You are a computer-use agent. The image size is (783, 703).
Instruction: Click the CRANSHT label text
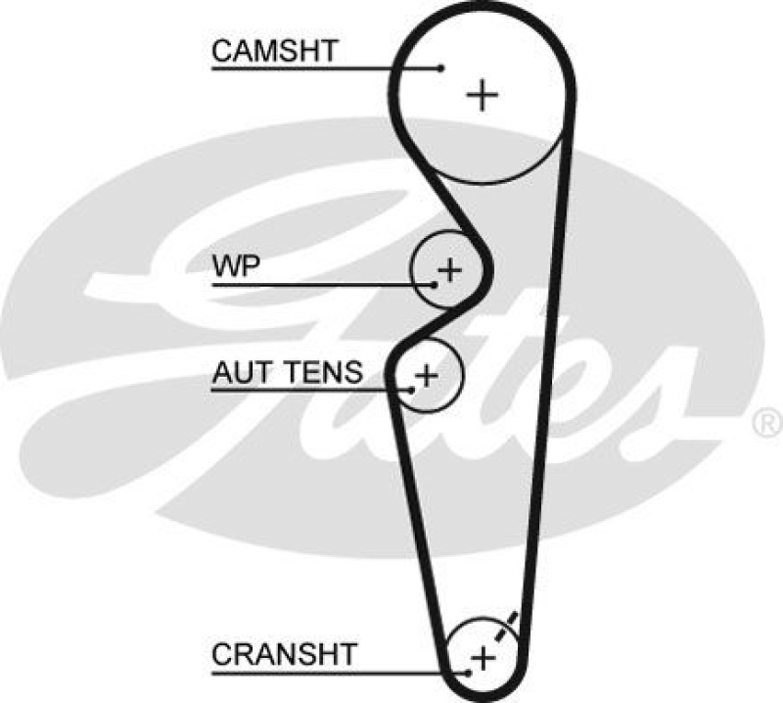click(x=285, y=653)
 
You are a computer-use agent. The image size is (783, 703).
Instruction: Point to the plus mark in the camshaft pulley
click(x=482, y=95)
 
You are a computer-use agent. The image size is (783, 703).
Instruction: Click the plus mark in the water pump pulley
click(x=448, y=269)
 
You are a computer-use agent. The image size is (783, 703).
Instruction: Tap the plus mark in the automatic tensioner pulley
click(x=426, y=374)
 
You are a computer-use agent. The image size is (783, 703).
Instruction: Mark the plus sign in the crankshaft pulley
click(x=482, y=657)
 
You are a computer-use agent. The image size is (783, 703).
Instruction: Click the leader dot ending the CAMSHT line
click(x=441, y=68)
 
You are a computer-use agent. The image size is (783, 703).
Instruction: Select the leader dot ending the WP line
click(x=435, y=285)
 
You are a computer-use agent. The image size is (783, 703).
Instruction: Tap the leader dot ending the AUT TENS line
click(x=412, y=390)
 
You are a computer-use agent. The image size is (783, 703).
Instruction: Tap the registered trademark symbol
click(x=764, y=422)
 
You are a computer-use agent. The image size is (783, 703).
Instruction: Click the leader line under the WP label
click(x=323, y=285)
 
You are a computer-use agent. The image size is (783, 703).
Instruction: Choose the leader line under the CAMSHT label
click(x=323, y=68)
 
